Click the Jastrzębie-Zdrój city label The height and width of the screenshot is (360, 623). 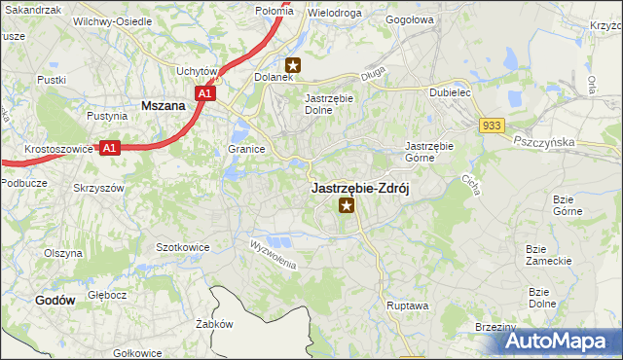pyautogui.click(x=360, y=188)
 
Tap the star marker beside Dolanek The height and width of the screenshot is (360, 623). pyautogui.click(x=294, y=66)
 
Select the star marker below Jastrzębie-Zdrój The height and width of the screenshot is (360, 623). pyautogui.click(x=345, y=205)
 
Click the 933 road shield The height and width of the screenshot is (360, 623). pyautogui.click(x=491, y=125)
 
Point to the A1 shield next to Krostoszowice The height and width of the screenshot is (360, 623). pyautogui.click(x=110, y=148)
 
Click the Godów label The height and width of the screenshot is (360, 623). pyautogui.click(x=55, y=301)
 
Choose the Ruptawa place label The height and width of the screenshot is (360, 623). pyautogui.click(x=407, y=305)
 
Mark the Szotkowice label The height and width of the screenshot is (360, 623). pyautogui.click(x=183, y=247)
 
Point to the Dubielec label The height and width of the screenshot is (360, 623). pyautogui.click(x=451, y=93)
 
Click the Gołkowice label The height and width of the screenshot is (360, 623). pyautogui.click(x=137, y=353)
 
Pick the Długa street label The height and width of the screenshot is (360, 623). pyautogui.click(x=372, y=70)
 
